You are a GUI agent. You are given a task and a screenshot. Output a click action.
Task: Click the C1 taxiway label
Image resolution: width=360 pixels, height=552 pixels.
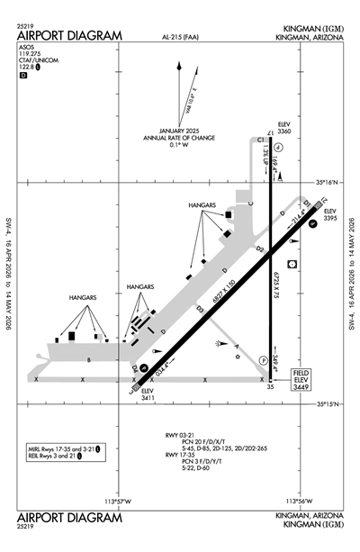[x=259, y=140]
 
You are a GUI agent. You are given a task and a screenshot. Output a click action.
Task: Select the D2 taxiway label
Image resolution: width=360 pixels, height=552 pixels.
[x=259, y=247]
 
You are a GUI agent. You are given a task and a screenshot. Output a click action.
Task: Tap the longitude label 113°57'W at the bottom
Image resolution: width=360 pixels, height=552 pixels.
[x=118, y=501]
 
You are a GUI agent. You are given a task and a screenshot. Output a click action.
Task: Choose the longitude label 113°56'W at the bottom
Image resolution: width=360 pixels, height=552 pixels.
[x=298, y=501]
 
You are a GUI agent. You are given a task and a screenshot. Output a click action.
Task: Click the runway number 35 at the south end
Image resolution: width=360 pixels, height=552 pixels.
[x=269, y=387]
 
